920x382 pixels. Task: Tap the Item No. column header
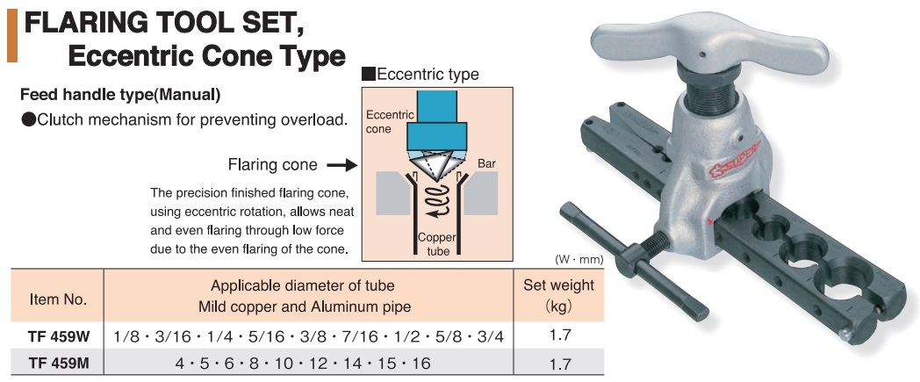click(x=58, y=299)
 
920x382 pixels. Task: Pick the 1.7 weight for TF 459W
click(x=558, y=335)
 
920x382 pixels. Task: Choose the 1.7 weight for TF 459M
click(x=558, y=361)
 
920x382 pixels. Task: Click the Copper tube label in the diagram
click(x=434, y=244)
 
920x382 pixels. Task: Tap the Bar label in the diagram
click(x=487, y=164)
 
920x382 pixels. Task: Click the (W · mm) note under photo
click(x=576, y=259)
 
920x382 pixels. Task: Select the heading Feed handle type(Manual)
click(x=119, y=94)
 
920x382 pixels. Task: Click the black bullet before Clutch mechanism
click(x=28, y=119)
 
